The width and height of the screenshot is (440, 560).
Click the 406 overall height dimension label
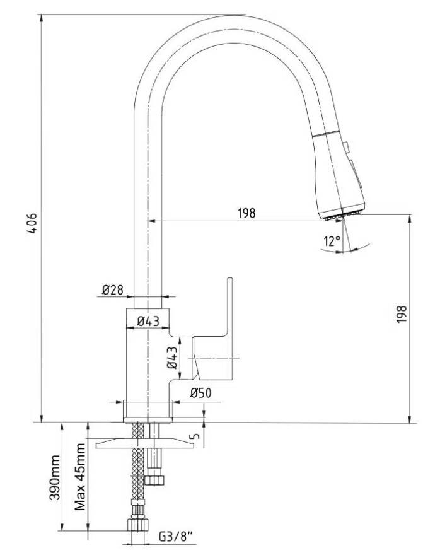(32, 223)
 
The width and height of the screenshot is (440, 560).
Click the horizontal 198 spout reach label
(246, 213)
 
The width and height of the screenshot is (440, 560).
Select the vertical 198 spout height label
(402, 314)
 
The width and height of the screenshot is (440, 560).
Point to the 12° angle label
(332, 242)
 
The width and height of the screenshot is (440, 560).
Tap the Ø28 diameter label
(112, 289)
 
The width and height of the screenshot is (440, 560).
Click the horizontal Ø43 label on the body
(148, 321)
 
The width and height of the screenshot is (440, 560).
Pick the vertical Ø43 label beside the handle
(172, 358)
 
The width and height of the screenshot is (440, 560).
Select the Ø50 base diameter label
(200, 394)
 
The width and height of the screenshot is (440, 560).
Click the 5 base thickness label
(195, 436)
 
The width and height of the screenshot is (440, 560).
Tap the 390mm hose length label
(55, 477)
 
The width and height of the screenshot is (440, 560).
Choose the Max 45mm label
(80, 477)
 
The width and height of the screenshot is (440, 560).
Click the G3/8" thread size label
(175, 537)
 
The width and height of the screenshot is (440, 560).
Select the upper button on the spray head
(345, 146)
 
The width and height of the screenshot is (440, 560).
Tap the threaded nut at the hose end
(138, 525)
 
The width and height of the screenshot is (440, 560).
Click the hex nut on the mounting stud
(155, 479)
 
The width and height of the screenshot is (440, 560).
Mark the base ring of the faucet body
(148, 419)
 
